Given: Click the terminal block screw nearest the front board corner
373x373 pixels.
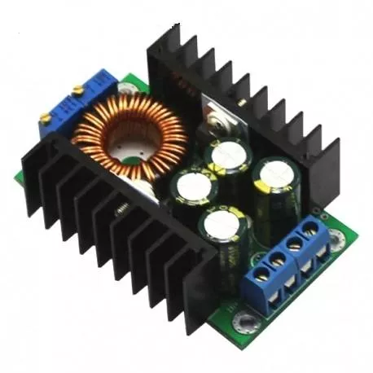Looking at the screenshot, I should click(x=262, y=275).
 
